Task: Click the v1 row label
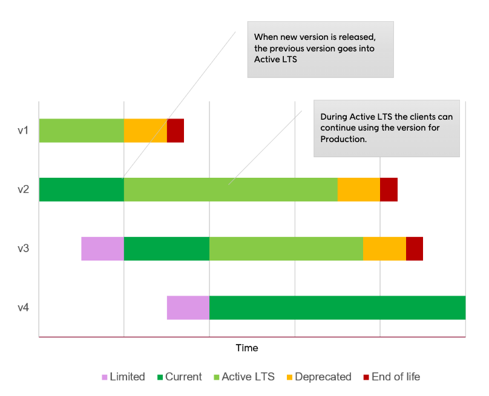click(x=23, y=131)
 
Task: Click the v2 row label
click(x=23, y=189)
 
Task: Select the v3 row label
click(x=23, y=248)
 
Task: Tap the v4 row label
click(x=23, y=308)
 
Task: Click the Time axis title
click(x=246, y=348)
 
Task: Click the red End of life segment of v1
click(x=176, y=131)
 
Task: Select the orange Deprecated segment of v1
click(x=145, y=131)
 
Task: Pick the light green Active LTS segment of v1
click(x=82, y=131)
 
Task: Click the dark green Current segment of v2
click(x=82, y=189)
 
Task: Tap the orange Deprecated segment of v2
click(x=358, y=189)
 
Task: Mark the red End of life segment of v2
click(x=389, y=189)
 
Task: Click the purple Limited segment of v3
click(x=103, y=248)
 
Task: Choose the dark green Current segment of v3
click(x=166, y=248)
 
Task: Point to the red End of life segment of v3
click(x=414, y=248)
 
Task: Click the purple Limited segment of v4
click(x=188, y=308)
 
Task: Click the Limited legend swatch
click(x=105, y=377)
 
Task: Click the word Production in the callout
click(x=343, y=139)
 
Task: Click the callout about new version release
click(x=320, y=49)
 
